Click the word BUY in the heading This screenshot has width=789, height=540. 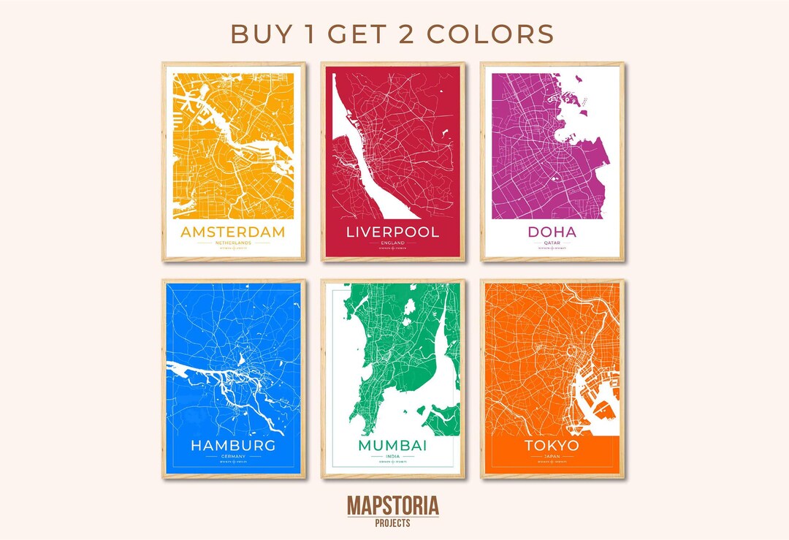coord(258,34)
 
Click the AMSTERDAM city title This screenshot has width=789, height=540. coord(233,232)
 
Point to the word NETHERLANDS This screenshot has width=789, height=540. coord(233,243)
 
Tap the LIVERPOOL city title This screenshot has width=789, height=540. coord(392,232)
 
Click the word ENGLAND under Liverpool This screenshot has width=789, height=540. coord(392,243)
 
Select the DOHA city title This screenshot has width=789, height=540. coord(552,232)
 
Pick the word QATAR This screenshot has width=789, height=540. coord(552,243)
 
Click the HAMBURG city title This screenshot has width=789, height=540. coord(233,445)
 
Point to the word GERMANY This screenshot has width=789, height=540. coord(233,456)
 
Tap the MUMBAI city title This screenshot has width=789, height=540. coord(392,445)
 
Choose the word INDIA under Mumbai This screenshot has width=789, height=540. coord(392,456)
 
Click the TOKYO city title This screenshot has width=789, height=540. coord(552,445)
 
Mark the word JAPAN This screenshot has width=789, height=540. coord(552,456)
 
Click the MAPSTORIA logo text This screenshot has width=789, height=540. coord(393,506)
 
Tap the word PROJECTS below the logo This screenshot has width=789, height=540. coord(393,522)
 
